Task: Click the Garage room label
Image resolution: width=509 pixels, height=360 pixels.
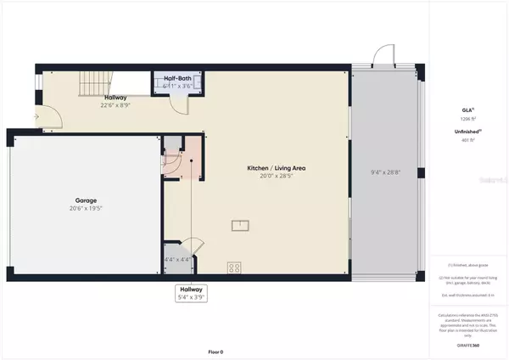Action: click(x=84, y=201)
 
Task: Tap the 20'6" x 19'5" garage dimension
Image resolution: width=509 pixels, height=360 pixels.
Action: click(x=84, y=209)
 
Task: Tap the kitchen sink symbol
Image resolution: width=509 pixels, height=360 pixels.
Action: click(x=242, y=224)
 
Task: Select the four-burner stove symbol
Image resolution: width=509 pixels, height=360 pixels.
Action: click(x=234, y=267)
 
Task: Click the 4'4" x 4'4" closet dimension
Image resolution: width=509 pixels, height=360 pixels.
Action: click(x=175, y=260)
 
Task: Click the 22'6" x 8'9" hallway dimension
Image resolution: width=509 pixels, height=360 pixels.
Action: click(x=110, y=106)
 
